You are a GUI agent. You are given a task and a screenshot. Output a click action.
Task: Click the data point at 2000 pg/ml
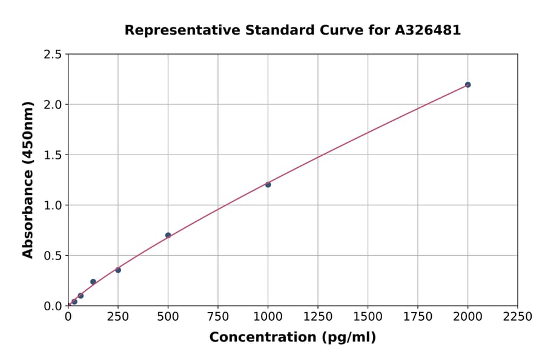click(x=467, y=85)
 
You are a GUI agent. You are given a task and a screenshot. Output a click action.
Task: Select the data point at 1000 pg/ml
click(x=268, y=184)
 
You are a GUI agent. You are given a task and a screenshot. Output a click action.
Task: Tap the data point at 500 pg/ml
click(x=168, y=235)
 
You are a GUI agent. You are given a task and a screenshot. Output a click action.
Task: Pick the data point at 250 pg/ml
click(x=118, y=270)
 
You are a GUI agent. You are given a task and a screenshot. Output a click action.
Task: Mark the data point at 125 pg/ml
click(x=93, y=282)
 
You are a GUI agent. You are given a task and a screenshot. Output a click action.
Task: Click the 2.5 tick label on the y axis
click(x=53, y=55)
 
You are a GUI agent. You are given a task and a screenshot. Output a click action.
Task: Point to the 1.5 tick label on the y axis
click(x=53, y=155)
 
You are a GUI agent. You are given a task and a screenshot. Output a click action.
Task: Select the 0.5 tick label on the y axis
click(x=53, y=256)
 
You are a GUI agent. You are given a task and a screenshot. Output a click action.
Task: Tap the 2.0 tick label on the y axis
click(x=53, y=105)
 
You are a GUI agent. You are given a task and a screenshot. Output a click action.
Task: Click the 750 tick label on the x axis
click(x=218, y=316)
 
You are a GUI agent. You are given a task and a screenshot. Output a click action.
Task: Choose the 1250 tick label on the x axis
click(x=318, y=316)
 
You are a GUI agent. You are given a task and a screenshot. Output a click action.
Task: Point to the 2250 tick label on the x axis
click(x=518, y=316)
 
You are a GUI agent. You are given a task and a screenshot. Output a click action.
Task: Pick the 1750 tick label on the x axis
click(x=418, y=316)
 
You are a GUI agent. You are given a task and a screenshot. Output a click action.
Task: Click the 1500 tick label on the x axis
click(x=368, y=316)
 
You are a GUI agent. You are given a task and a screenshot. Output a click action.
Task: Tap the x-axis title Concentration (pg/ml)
click(x=292, y=338)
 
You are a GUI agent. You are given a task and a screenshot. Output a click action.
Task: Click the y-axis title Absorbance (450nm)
click(x=28, y=179)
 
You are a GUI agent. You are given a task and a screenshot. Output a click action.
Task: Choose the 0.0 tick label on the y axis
click(x=53, y=306)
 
